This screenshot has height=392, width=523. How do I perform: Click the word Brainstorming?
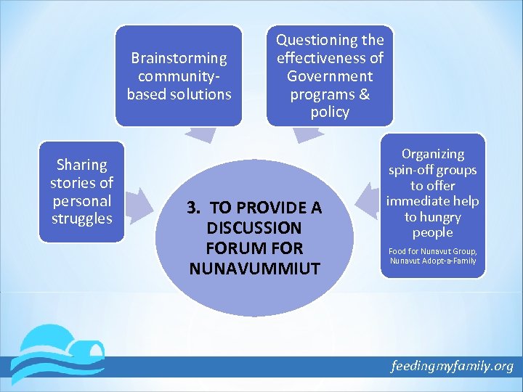click(179, 58)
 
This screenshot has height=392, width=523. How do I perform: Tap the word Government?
click(330, 76)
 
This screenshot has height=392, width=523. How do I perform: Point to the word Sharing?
click(81, 165)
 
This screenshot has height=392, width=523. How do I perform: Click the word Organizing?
click(433, 154)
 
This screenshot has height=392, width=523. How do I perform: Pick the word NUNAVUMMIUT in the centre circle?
click(254, 269)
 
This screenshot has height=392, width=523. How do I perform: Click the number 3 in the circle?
click(192, 208)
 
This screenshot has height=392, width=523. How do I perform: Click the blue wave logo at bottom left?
click(62, 352)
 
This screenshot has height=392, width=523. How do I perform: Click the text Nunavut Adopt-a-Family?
click(433, 261)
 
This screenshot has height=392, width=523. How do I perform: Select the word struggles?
click(81, 219)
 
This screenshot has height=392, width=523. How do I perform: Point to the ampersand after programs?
click(363, 94)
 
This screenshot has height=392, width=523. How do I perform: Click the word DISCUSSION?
click(254, 228)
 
